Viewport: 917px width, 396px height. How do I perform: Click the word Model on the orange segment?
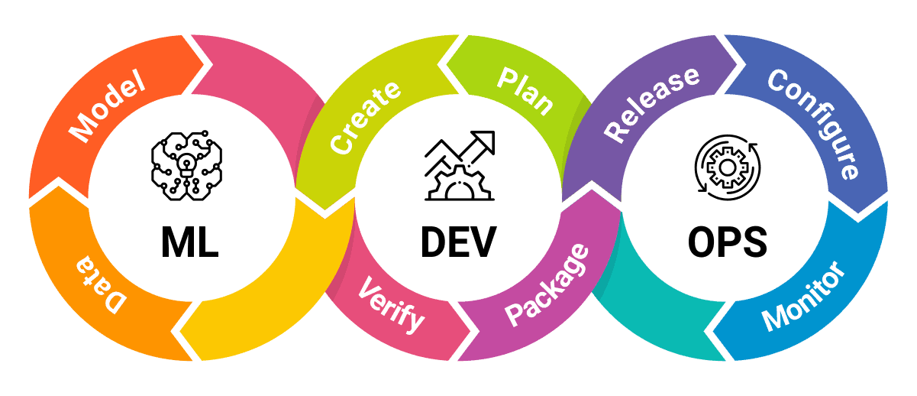click(106, 109)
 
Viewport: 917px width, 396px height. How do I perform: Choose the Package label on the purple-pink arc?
click(547, 285)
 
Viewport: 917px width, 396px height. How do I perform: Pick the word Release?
click(651, 103)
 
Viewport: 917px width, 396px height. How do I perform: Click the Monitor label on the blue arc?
click(804, 296)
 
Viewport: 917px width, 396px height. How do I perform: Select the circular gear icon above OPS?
click(728, 168)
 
